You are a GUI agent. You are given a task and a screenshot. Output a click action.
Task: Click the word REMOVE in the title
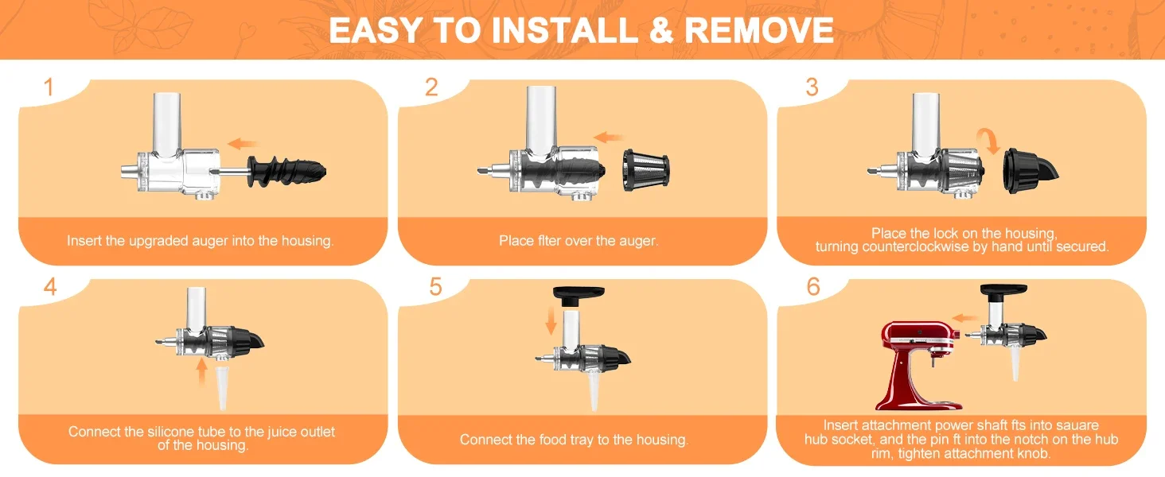coord(759,30)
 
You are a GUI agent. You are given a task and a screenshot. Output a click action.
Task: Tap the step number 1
coord(49,87)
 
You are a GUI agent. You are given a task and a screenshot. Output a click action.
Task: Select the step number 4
coord(50,286)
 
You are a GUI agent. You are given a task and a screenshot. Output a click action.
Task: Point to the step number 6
coord(813,286)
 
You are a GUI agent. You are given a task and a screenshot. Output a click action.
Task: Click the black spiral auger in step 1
coord(286,170)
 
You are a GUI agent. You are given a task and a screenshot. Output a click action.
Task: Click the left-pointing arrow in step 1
coord(243,143)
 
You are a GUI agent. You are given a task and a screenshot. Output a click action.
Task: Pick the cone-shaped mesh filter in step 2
coord(646,170)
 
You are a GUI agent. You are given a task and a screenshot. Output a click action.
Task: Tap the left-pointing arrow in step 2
coord(608,138)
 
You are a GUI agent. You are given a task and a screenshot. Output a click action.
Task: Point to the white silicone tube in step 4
coord(222,389)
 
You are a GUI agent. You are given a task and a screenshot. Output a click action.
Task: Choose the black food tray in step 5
coord(579,294)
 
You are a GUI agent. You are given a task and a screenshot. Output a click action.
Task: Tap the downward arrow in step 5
coord(551,320)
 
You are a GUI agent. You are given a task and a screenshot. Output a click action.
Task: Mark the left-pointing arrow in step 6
coord(965,318)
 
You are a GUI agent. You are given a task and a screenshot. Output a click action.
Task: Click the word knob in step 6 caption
coord(1034,454)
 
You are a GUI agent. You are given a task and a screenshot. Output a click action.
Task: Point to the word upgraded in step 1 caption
coord(158,241)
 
